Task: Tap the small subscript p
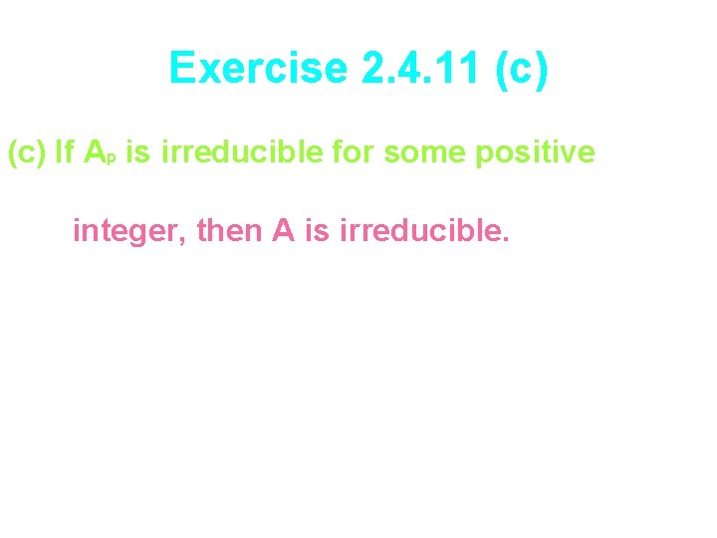113,159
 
